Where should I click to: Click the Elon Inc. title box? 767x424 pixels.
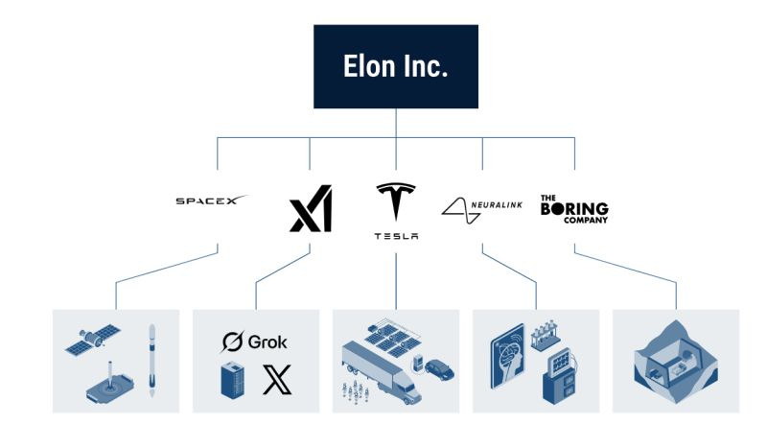(396, 66)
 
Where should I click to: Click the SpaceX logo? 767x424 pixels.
(211, 200)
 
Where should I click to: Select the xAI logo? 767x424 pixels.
(310, 213)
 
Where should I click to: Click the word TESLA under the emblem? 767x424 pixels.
(396, 237)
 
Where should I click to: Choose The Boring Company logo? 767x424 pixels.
(573, 207)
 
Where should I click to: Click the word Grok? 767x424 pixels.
(267, 341)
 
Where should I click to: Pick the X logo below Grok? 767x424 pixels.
(277, 381)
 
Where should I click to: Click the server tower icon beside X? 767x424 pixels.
(234, 381)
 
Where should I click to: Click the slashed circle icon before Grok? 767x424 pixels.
(232, 342)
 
